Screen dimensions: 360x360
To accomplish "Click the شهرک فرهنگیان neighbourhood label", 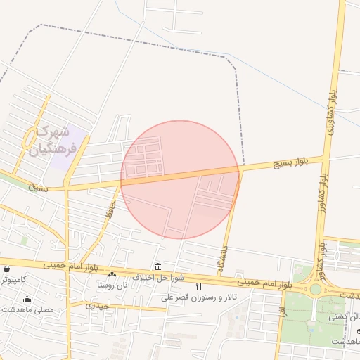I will point(50,140).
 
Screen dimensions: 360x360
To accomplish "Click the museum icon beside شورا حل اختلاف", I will point(157,267).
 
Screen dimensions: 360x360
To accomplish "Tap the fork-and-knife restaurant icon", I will point(198,285).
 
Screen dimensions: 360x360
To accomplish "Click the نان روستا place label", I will point(113,285).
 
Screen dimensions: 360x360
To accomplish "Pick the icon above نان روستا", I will point(112,274).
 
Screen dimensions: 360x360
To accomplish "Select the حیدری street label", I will point(98,306).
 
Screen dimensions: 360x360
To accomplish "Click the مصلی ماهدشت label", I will point(27,309).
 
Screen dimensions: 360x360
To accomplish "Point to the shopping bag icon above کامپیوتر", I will point(6,269).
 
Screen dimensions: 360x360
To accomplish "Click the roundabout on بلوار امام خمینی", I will point(315,289).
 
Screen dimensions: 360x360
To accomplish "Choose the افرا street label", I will point(282,307).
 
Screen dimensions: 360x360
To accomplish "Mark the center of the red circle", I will point(180,179).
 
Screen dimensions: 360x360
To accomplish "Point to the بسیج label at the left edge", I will point(39,188).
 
